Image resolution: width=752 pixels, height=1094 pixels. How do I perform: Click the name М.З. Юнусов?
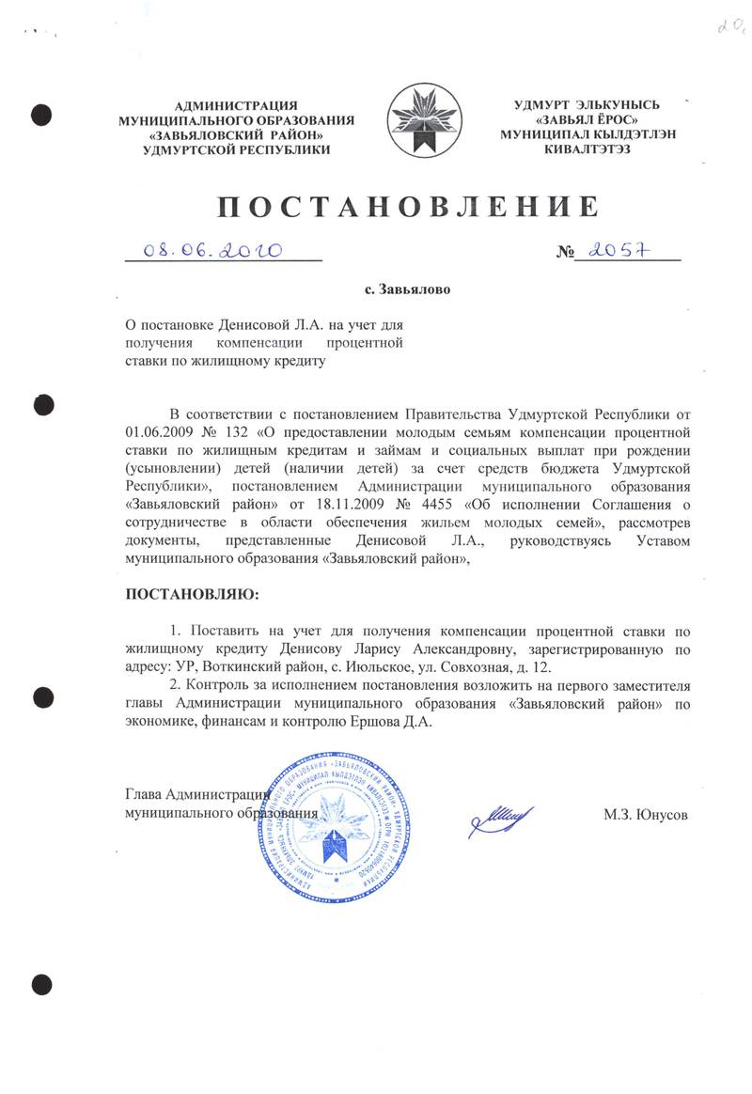point(646,815)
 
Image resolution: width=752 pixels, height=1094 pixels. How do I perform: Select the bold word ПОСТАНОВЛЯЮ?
point(191,595)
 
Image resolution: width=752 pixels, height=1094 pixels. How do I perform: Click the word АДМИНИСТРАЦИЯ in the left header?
point(237,105)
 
